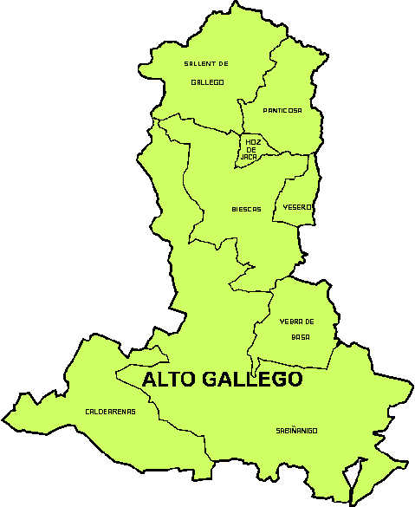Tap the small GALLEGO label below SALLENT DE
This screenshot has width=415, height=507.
(208, 82)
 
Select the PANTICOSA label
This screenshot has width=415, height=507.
(282, 110)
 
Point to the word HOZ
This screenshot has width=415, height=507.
(252, 142)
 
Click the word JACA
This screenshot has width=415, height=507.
(250, 157)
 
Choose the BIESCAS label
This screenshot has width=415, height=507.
(246, 209)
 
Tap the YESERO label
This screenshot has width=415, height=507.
(297, 208)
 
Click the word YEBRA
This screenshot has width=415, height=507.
(292, 322)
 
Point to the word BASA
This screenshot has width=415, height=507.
(301, 336)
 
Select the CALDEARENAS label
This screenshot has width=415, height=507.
(110, 411)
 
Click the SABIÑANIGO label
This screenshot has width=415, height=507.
(298, 430)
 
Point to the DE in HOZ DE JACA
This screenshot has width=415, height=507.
(252, 149)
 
